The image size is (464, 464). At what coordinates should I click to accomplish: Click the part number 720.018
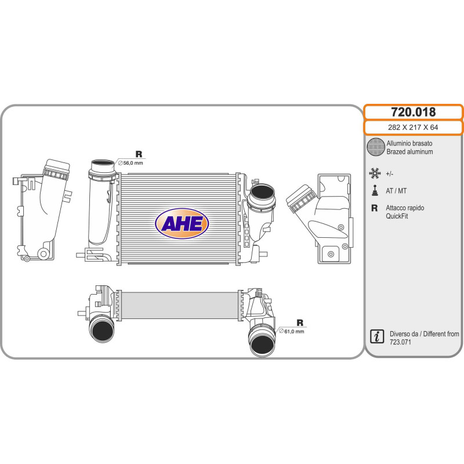[x=413, y=112]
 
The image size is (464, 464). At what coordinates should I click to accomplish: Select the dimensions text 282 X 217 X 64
[x=413, y=127]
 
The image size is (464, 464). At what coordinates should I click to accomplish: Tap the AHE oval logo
[x=182, y=223]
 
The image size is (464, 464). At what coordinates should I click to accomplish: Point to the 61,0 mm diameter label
[x=292, y=331]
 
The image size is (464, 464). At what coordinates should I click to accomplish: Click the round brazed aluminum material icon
[x=376, y=147]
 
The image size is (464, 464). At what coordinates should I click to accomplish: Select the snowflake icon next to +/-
[x=375, y=173]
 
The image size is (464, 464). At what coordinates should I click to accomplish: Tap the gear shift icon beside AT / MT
[x=375, y=190]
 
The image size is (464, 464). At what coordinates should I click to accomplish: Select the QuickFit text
[x=398, y=216]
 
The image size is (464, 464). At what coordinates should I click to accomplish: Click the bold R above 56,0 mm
[x=139, y=154]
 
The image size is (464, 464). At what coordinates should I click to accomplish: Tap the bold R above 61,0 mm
[x=300, y=322]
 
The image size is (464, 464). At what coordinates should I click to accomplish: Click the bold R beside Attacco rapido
[x=375, y=208]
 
